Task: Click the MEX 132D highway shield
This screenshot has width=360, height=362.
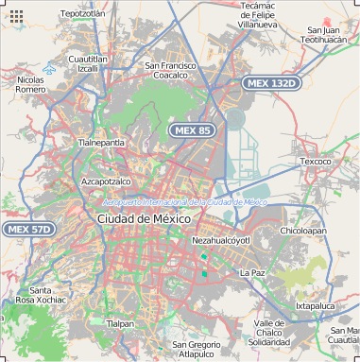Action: click(x=271, y=83)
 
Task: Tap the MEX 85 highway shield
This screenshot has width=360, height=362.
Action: click(x=191, y=129)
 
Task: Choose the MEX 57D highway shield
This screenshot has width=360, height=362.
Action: click(x=28, y=229)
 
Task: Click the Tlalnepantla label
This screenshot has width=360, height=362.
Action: click(x=100, y=143)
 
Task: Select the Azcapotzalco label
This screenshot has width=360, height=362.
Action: click(x=106, y=181)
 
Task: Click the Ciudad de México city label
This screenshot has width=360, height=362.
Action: click(x=144, y=218)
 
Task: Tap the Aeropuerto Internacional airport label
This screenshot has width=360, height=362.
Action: click(x=185, y=202)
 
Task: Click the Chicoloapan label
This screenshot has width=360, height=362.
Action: click(x=302, y=230)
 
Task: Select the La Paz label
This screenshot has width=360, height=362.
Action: click(x=252, y=272)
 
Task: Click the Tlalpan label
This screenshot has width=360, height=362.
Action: click(x=120, y=323)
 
